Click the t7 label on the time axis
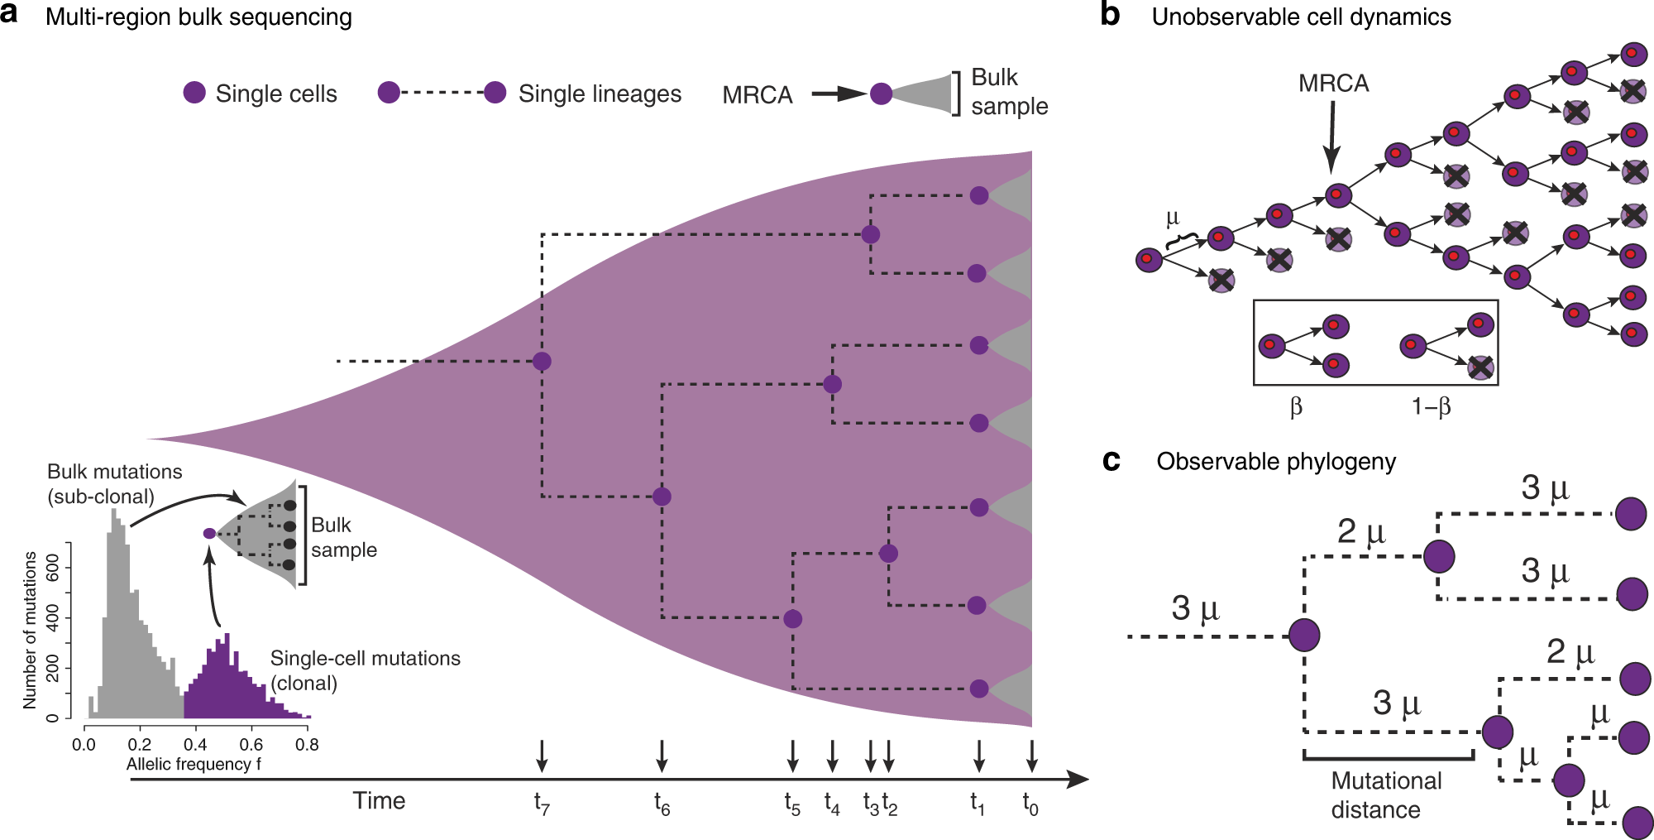542,804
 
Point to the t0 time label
1030,804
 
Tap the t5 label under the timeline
792,804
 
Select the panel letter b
1110,16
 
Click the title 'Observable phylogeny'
1276,461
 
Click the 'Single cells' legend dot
194,93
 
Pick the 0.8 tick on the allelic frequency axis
307,744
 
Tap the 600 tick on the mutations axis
51,569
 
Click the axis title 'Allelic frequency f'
194,764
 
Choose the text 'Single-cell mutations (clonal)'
365,670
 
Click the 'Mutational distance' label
1386,794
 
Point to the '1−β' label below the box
1431,406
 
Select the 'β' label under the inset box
1296,406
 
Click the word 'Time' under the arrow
379,800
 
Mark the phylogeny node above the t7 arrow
542,361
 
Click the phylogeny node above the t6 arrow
662,497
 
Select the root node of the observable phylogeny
1304,636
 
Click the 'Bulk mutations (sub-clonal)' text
115,483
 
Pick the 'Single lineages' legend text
600,94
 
